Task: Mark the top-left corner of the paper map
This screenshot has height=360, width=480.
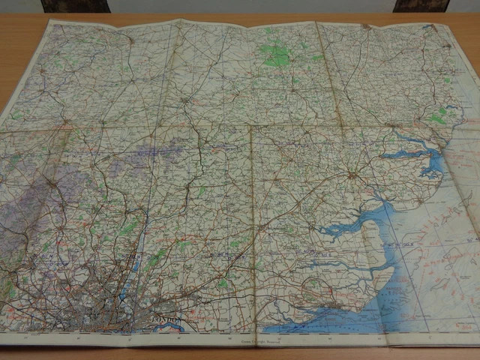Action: pyautogui.click(x=51, y=20)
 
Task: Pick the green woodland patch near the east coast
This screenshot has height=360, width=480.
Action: pyautogui.click(x=439, y=117)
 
